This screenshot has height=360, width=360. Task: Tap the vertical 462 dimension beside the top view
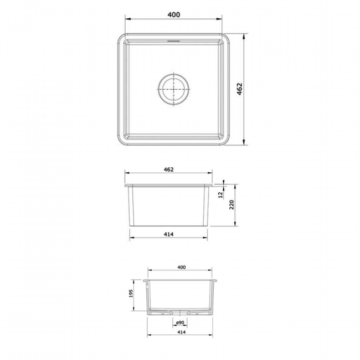240,90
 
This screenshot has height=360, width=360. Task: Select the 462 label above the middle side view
169,169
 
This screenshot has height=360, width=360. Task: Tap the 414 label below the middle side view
169,234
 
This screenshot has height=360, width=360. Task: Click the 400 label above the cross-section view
181,267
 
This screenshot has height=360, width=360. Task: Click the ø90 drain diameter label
180,322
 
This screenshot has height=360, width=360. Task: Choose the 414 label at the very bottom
181,332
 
